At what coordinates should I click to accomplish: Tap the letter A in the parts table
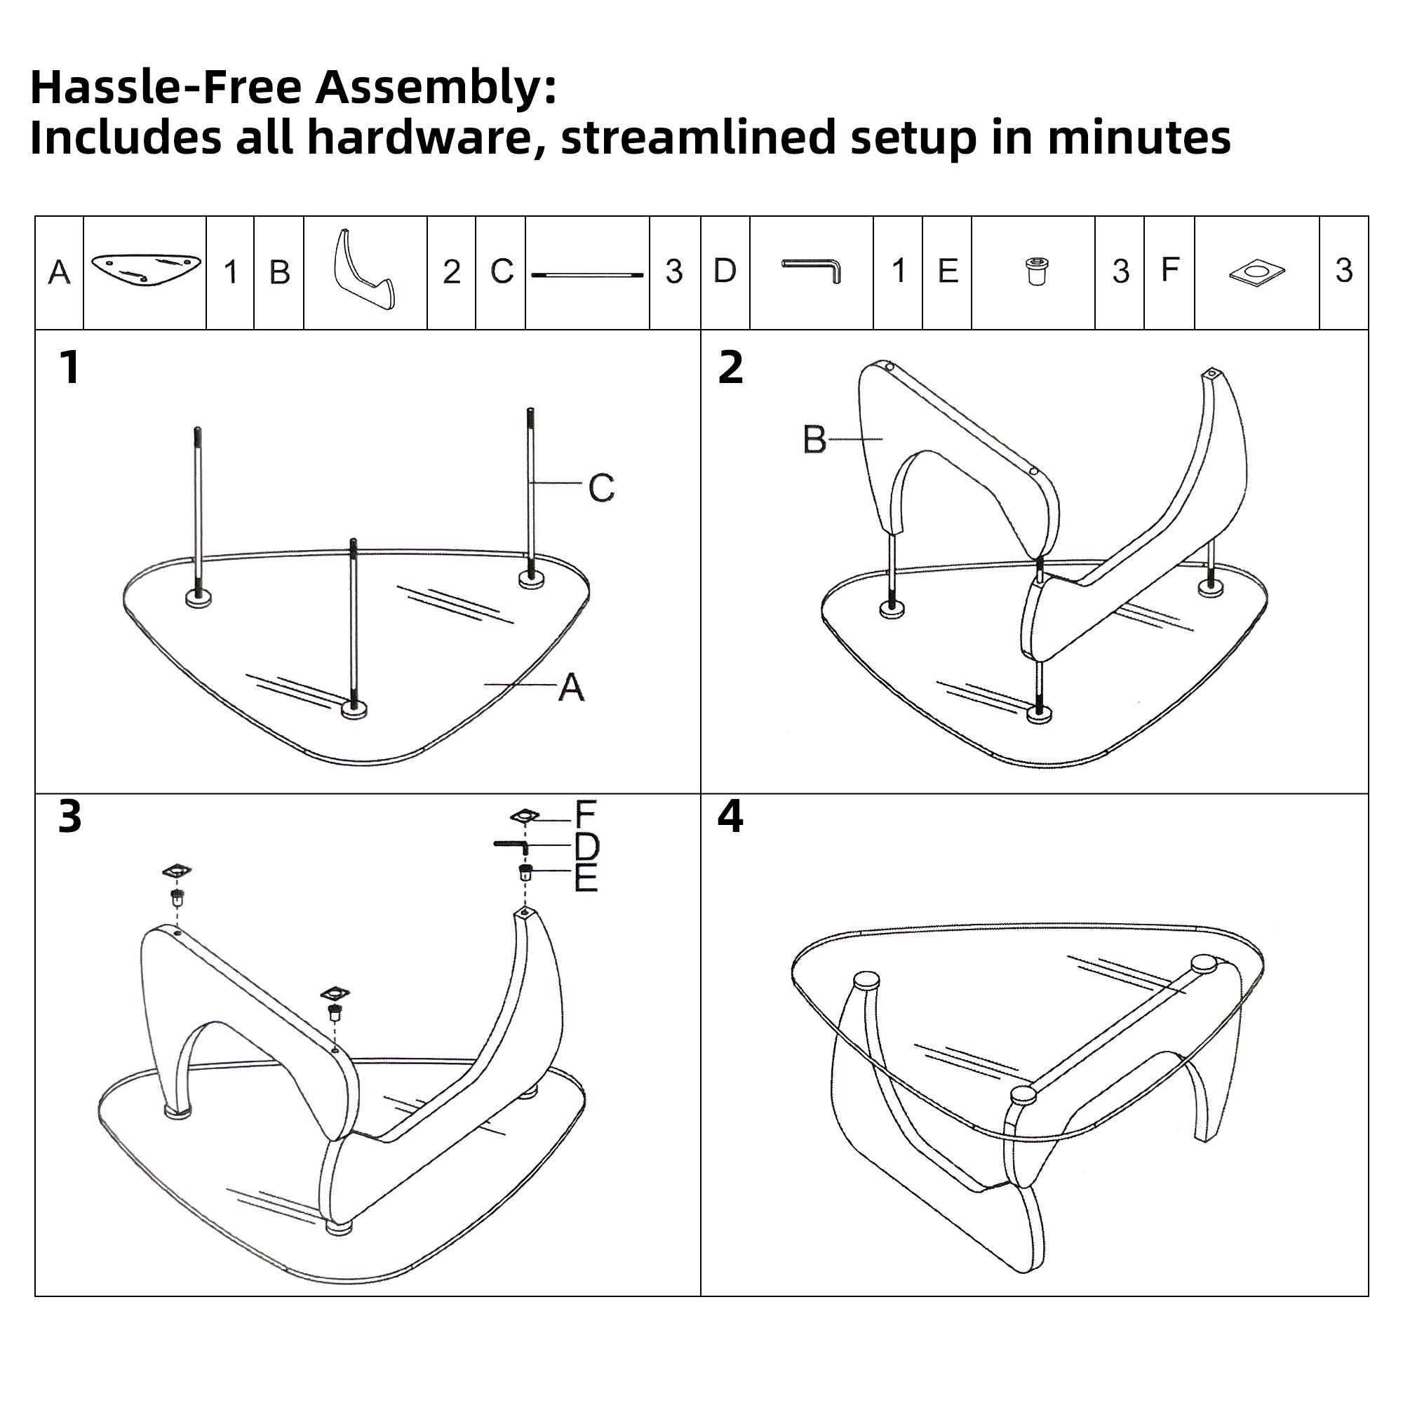[x=60, y=273]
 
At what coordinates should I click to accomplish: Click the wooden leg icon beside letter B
[x=364, y=270]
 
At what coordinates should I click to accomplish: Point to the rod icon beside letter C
[x=587, y=275]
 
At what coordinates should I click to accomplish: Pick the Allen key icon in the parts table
[x=812, y=270]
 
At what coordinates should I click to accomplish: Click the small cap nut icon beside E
[x=1036, y=271]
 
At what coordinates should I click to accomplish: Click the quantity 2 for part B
[x=452, y=273]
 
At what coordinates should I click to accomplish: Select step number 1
[x=69, y=368]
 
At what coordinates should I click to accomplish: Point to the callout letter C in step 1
[x=601, y=488]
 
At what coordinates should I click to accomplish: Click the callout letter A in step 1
[x=572, y=687]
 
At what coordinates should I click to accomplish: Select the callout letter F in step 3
[x=585, y=814]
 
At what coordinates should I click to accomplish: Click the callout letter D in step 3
[x=586, y=846]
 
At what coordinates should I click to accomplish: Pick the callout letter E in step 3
[x=586, y=878]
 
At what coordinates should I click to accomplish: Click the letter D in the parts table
[x=725, y=271]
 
